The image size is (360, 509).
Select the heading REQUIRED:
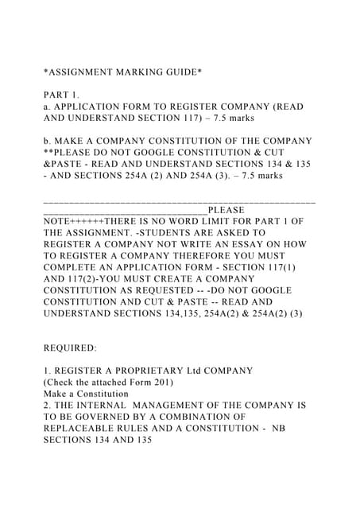[x=70, y=348]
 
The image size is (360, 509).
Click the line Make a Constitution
[x=87, y=394]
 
